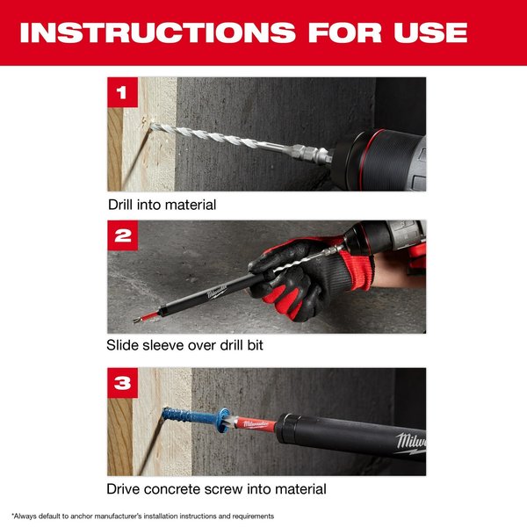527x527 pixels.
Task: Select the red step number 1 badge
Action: tap(122, 91)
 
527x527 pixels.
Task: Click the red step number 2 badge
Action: tap(122, 235)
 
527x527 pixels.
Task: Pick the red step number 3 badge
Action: tap(122, 382)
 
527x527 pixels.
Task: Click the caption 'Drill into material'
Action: tap(162, 205)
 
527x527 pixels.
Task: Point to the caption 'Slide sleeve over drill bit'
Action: tap(185, 346)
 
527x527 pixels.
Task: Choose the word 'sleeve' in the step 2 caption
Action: tap(162, 346)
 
